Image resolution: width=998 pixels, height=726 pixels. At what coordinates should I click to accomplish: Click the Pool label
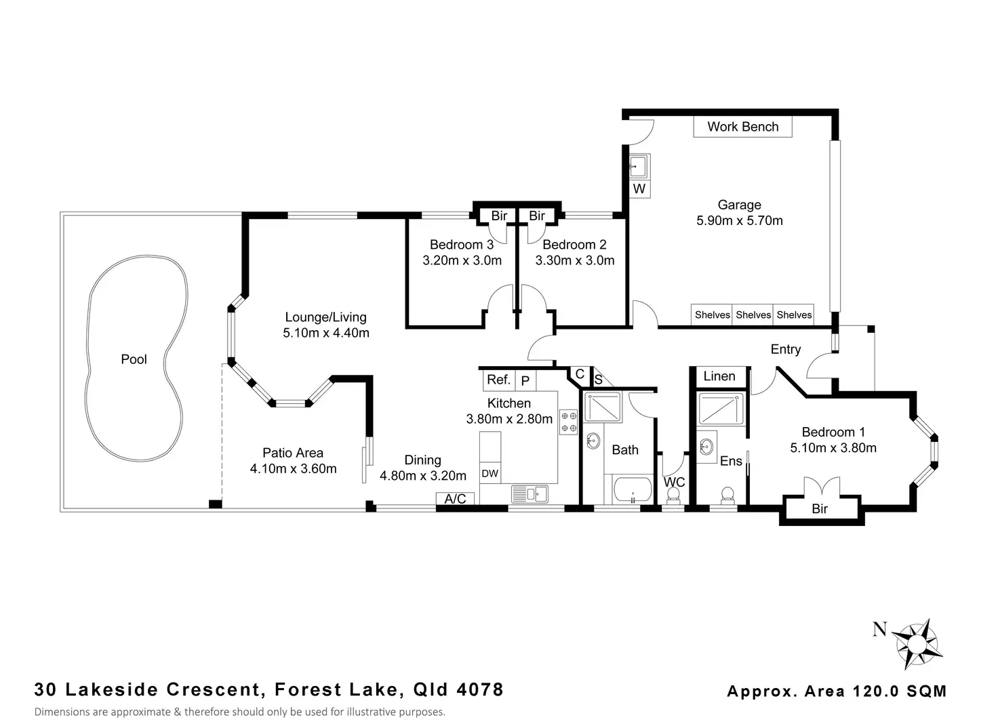click(134, 359)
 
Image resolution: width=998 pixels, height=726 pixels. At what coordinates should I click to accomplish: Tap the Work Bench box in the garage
click(742, 127)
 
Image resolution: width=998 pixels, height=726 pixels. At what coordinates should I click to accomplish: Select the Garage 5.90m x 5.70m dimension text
click(740, 220)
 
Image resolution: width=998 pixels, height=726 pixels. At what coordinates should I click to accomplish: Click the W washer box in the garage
click(639, 189)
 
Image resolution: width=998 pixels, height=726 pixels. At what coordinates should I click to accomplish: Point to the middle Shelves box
click(753, 315)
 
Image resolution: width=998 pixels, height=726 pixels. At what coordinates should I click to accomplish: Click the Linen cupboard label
click(719, 376)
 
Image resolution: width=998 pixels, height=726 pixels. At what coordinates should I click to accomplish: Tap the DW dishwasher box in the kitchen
click(490, 473)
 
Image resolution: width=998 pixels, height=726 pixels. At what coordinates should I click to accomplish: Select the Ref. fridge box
click(498, 380)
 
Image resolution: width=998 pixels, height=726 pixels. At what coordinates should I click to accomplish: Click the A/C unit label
click(455, 499)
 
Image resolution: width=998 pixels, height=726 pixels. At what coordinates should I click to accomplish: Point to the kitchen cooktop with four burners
click(569, 422)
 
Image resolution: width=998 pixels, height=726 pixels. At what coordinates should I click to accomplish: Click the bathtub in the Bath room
click(633, 490)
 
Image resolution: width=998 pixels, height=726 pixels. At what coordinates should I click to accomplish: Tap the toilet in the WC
click(673, 496)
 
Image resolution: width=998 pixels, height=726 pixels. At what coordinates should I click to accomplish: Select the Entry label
click(786, 350)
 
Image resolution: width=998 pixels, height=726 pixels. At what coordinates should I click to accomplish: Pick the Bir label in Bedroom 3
click(499, 216)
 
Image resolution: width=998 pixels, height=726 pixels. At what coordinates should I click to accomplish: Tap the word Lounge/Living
click(325, 317)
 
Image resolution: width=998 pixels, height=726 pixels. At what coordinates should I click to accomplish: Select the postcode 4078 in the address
click(480, 689)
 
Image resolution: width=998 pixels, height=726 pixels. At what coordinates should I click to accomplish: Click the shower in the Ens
click(721, 409)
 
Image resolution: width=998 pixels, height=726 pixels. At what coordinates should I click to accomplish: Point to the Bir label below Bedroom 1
click(820, 508)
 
